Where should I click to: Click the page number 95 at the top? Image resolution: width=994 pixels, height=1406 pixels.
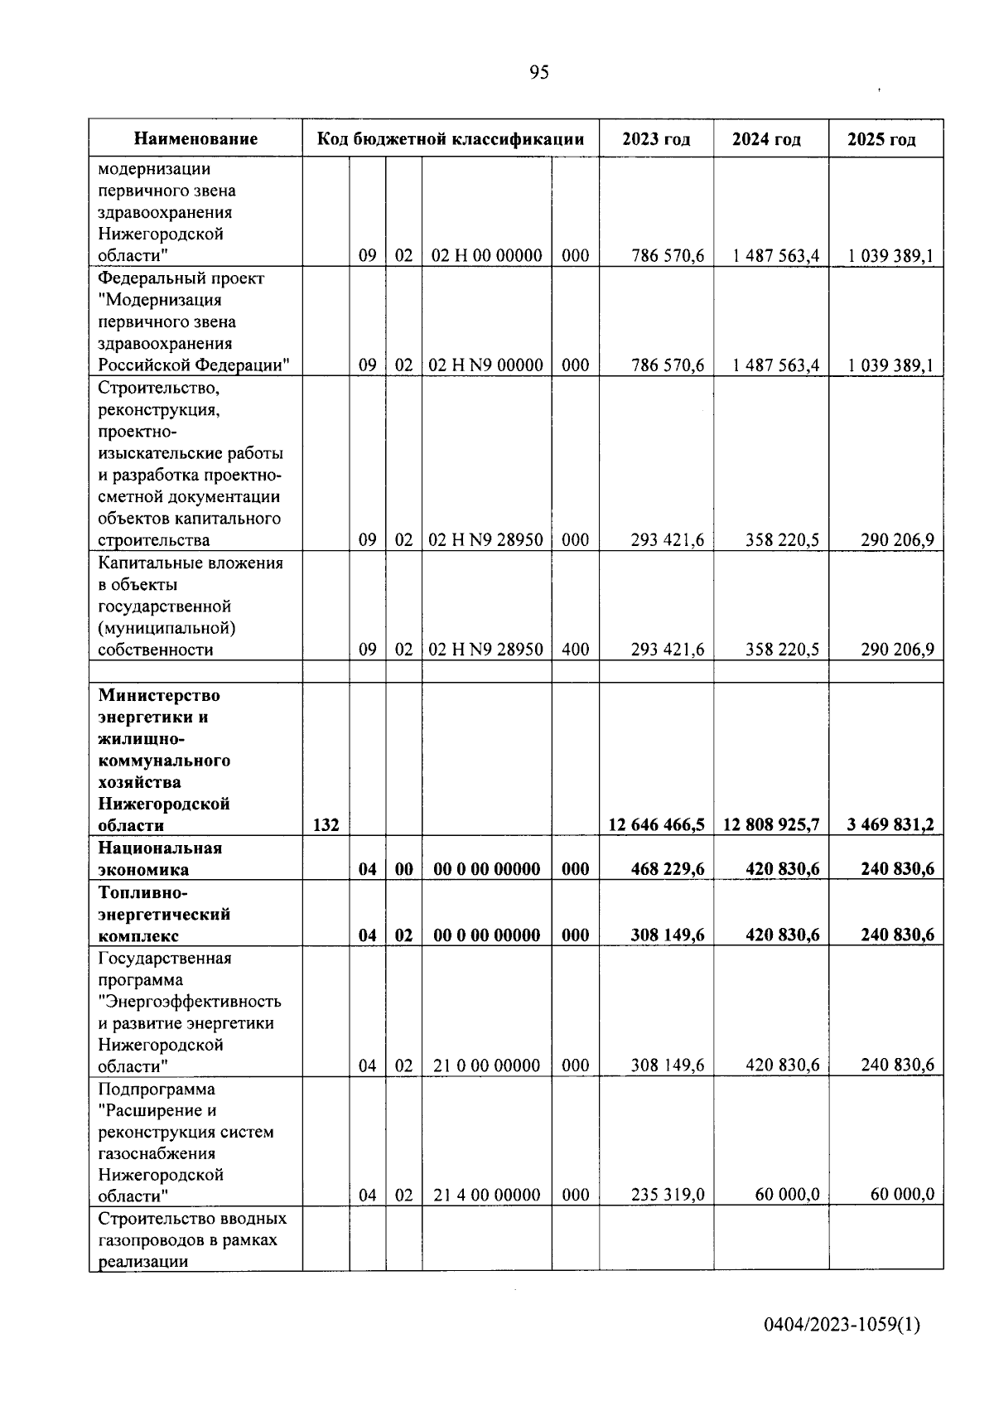coord(538,73)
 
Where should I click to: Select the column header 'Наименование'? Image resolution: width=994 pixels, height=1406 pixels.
coord(195,139)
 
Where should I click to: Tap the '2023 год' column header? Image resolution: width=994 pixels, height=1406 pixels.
coord(656,139)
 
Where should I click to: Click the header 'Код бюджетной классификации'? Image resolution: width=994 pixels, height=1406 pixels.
coord(451,139)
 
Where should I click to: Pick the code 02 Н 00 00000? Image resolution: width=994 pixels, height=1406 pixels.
coord(487,255)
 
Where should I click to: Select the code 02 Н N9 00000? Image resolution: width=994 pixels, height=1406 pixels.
coord(487,365)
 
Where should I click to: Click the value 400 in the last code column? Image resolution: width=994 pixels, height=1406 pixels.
coord(576,650)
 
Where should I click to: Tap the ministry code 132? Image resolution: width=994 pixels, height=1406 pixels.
coord(326,825)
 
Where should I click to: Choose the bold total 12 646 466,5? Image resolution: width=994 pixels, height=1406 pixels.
coord(657,824)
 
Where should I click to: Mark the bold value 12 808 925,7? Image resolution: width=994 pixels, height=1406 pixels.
coord(771,824)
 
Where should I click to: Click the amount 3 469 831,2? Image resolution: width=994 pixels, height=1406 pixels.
coord(890,824)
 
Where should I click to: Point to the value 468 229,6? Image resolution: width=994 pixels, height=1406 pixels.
coord(668,868)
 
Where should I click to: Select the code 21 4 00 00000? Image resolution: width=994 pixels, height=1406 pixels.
coord(487,1195)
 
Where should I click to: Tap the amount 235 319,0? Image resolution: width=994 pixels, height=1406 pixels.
coord(668,1195)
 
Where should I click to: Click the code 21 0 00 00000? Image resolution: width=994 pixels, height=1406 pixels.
coord(487,1065)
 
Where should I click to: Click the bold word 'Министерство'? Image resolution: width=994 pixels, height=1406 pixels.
coord(159,695)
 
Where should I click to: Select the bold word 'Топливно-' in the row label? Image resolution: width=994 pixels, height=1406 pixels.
coord(143,893)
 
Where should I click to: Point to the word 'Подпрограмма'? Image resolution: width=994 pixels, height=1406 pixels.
coord(157,1089)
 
